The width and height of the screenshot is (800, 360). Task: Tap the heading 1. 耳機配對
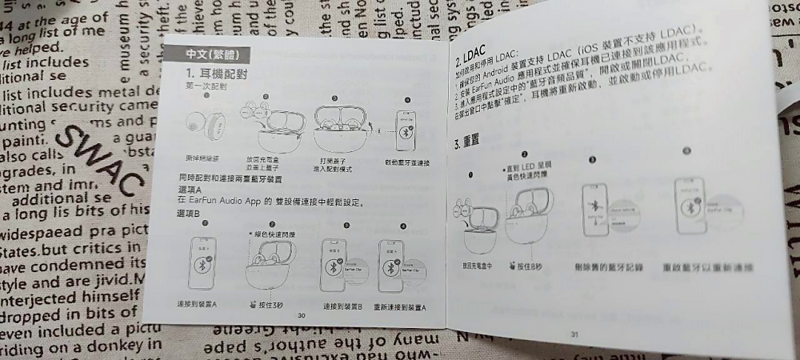click(x=212, y=74)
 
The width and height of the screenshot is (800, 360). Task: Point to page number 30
click(x=302, y=315)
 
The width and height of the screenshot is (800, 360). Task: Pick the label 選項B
click(x=186, y=214)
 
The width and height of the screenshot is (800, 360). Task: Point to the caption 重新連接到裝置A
click(x=400, y=306)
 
